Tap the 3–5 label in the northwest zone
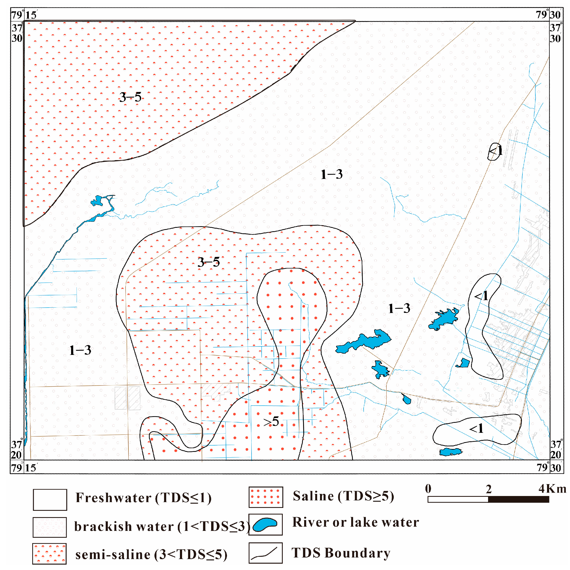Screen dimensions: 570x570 130,97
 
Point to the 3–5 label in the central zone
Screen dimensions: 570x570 208,262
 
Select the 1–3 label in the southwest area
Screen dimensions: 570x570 80,350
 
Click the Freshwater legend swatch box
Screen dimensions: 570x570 50,500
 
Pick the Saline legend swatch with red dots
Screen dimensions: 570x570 266,497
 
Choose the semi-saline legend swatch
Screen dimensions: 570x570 49,554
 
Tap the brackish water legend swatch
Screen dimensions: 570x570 50,527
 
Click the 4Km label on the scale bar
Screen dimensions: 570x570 552,489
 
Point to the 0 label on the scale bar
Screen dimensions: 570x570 428,489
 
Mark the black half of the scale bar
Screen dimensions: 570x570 519,499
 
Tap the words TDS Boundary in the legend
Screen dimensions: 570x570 341,553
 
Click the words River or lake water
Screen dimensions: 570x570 355,522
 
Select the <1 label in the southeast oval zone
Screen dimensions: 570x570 476,428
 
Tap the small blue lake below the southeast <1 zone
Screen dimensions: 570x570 450,452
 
